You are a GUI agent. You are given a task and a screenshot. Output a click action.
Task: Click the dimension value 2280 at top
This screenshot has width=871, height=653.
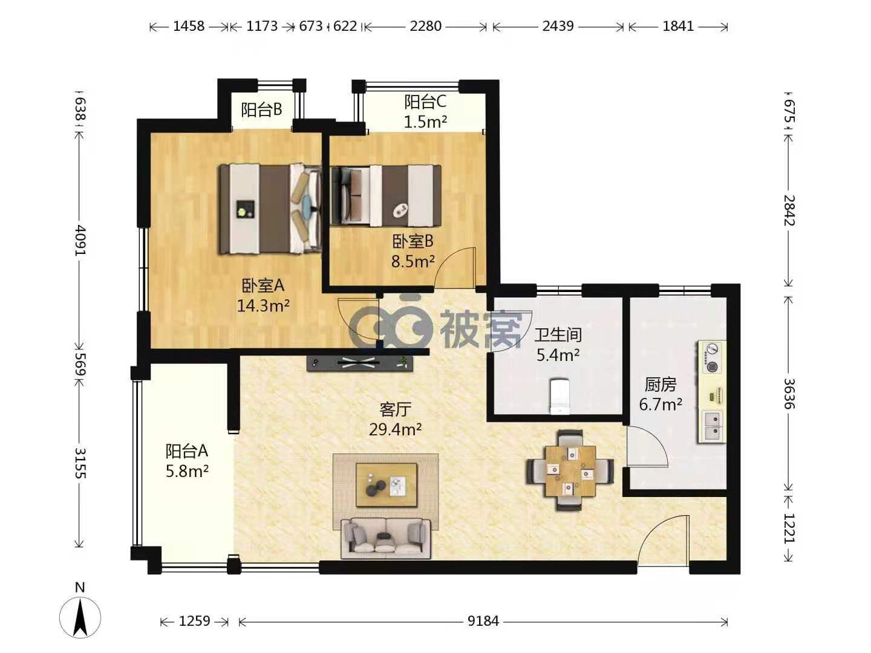point(425,26)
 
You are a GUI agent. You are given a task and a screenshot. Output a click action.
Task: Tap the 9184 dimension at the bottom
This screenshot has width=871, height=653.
point(483,621)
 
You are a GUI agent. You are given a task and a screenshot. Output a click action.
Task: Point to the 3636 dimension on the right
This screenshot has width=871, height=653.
point(789,393)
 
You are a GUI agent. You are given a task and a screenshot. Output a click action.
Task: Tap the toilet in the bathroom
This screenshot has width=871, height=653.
point(559,396)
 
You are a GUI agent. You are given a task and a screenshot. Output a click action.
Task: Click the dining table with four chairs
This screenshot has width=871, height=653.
point(570,470)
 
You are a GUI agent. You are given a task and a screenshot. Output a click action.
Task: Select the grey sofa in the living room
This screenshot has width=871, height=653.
point(386,538)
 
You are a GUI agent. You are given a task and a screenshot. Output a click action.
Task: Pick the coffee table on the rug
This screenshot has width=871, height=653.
point(387,484)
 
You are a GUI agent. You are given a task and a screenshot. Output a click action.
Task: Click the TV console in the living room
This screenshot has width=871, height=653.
point(359,363)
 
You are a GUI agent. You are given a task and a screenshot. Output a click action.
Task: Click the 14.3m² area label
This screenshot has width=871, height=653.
point(263,305)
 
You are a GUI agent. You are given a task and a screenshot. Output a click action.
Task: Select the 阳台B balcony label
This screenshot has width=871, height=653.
point(261,109)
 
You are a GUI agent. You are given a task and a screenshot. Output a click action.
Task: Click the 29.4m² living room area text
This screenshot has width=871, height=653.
point(395,429)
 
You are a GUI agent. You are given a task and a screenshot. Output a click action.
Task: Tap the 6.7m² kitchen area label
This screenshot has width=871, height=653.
point(661,404)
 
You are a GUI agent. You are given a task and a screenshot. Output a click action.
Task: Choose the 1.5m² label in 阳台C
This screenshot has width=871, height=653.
point(425,122)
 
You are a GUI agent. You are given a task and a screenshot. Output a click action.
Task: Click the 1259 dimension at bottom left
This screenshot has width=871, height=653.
point(194,621)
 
